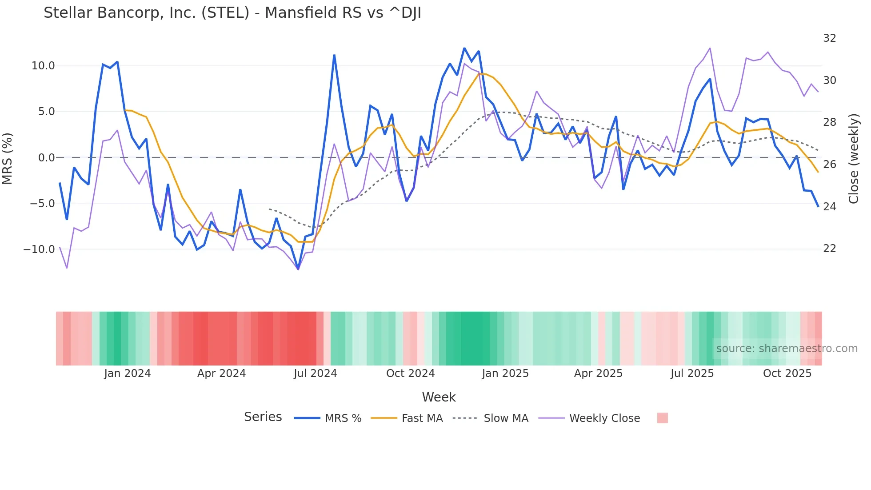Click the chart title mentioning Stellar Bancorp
click(232, 13)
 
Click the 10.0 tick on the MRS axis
click(43, 66)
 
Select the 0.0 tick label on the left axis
click(46, 158)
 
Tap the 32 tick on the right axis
click(829, 38)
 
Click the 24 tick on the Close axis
click(829, 207)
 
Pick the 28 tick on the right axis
click(829, 122)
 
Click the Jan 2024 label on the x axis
click(128, 374)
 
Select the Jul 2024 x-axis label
click(315, 374)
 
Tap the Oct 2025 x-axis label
click(787, 374)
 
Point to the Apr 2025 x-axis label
click(598, 374)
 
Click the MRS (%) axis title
click(8, 158)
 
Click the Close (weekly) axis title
click(853, 159)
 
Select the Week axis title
click(439, 397)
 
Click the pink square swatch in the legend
click(662, 418)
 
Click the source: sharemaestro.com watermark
click(787, 349)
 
